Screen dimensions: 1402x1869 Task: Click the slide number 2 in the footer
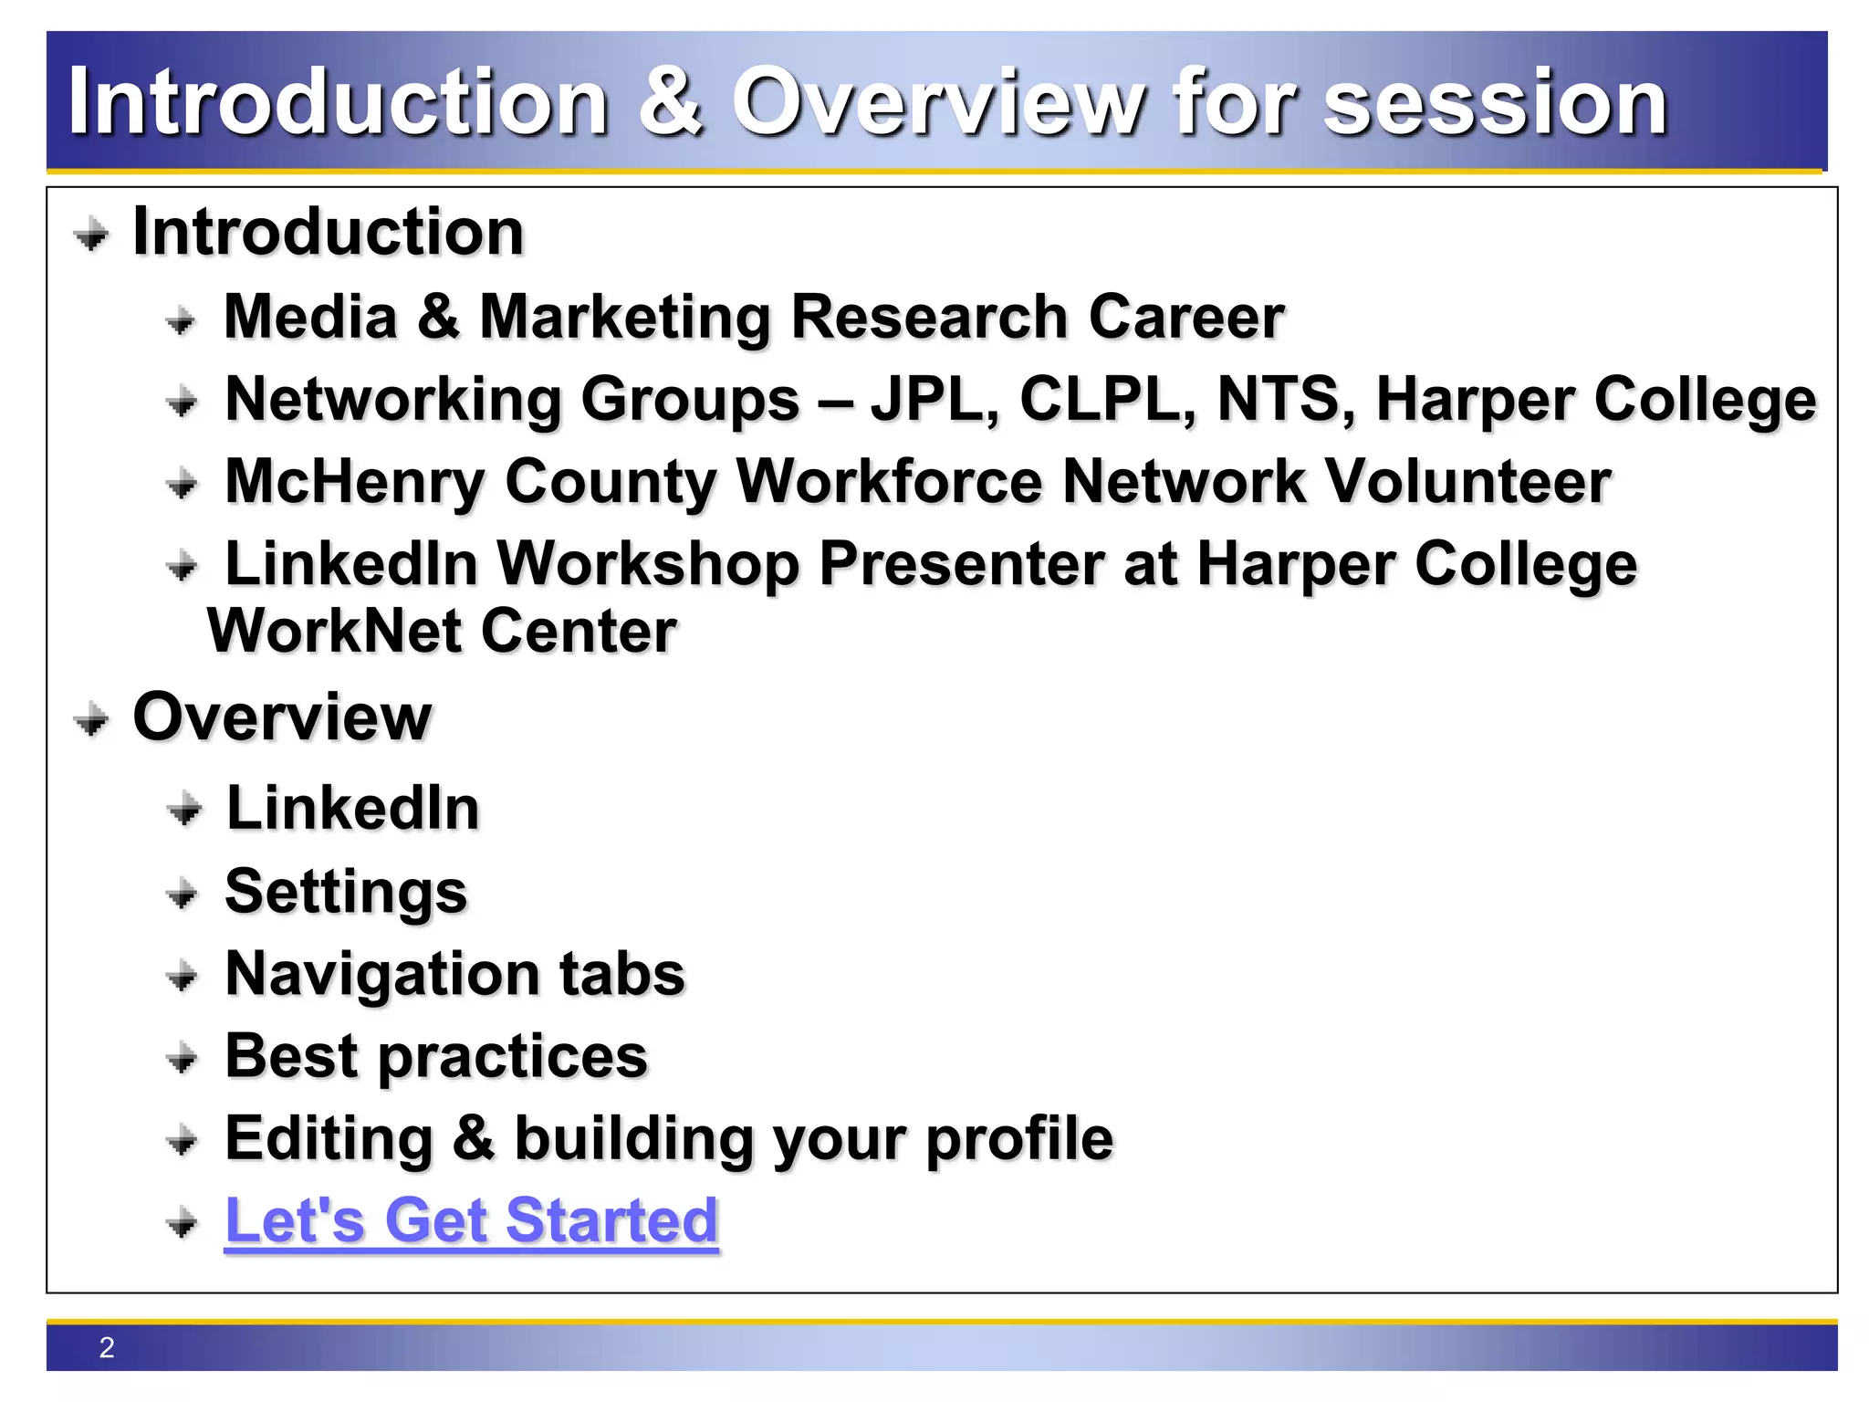tap(107, 1347)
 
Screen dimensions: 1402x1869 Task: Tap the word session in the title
tap(1495, 102)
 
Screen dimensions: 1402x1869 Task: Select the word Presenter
tap(962, 563)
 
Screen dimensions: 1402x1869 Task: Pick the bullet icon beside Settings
tap(183, 894)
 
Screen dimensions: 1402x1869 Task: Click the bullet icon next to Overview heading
tap(91, 721)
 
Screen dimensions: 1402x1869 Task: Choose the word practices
tap(513, 1057)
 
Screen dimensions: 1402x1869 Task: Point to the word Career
tap(1185, 317)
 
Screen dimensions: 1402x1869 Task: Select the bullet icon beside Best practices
tap(183, 1059)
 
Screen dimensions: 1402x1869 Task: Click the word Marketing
tap(626, 318)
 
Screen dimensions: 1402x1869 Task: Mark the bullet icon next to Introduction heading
tap(91, 235)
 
